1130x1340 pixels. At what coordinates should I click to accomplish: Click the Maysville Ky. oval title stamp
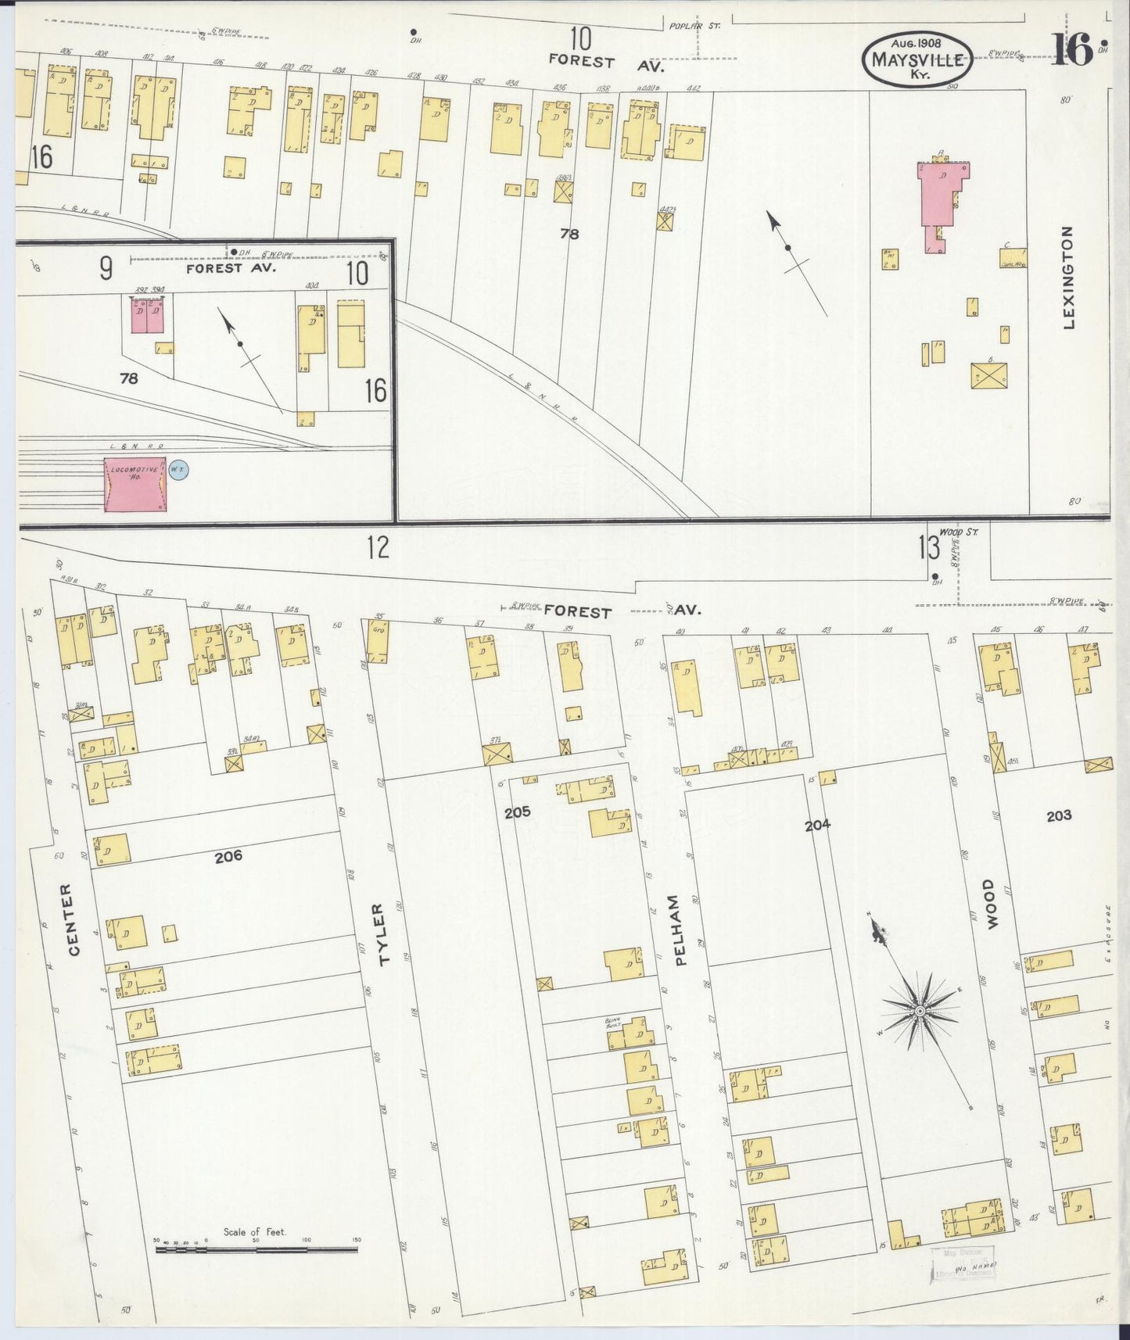(x=917, y=59)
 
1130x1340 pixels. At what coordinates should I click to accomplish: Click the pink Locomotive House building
(x=135, y=485)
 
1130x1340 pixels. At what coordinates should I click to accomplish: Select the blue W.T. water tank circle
(x=178, y=470)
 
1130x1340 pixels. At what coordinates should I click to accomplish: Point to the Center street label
(x=73, y=919)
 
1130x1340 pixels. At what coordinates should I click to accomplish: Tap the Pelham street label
(x=678, y=930)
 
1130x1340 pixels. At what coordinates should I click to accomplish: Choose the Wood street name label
(x=991, y=904)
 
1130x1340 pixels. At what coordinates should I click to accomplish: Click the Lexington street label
(x=1068, y=277)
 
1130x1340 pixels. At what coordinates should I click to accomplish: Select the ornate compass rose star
(x=920, y=1012)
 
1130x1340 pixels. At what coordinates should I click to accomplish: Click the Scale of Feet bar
(x=256, y=1250)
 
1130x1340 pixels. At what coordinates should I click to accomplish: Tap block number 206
(x=228, y=856)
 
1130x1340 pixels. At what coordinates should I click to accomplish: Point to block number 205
(x=517, y=812)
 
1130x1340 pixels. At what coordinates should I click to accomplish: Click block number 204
(x=817, y=824)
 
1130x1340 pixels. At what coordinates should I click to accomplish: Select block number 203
(x=1059, y=815)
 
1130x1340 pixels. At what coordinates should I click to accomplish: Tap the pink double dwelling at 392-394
(x=147, y=314)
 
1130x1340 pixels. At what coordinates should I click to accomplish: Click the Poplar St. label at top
(x=694, y=26)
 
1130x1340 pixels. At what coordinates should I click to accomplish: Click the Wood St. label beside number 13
(x=959, y=532)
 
